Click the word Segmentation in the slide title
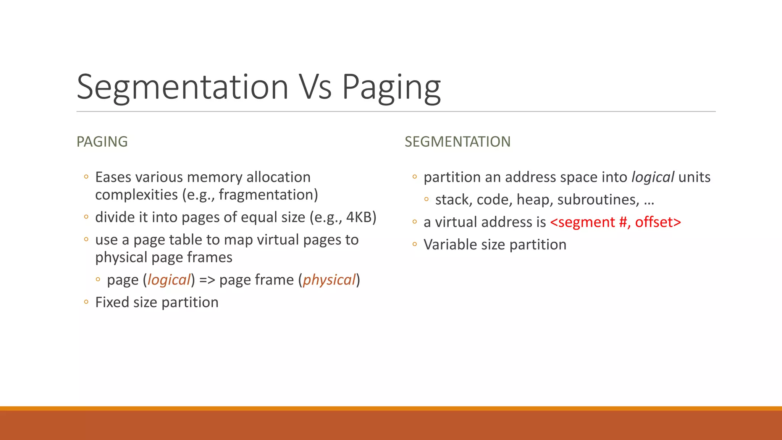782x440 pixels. (183, 87)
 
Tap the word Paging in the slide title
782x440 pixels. (391, 88)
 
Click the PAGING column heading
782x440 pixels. (102, 142)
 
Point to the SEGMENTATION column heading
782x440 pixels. (457, 142)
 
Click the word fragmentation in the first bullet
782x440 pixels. (266, 195)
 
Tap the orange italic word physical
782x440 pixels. (329, 280)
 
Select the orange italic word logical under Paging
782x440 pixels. (169, 280)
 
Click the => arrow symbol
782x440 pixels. (207, 280)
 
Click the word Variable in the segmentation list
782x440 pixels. (450, 245)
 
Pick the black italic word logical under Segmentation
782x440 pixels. (653, 178)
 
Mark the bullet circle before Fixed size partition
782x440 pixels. (86, 302)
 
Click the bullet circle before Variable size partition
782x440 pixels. (415, 244)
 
